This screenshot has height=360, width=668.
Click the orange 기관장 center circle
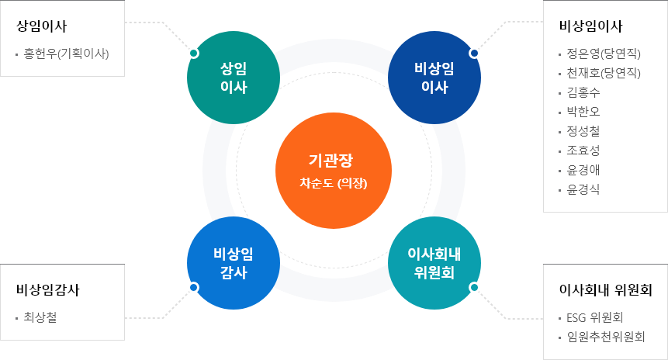334,171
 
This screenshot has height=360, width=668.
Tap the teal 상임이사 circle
234,78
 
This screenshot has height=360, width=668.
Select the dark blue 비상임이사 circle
434,78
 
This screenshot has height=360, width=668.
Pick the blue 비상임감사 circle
234,264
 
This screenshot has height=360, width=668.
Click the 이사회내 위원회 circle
434,264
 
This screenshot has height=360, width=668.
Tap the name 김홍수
583,93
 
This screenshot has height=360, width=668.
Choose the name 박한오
583,112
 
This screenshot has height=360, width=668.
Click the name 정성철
583,131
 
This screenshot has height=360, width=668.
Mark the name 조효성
583,151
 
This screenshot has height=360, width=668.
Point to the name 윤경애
583,170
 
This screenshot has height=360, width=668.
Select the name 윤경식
583,189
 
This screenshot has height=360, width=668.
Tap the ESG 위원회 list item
596,317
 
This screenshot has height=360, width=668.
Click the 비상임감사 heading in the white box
48,290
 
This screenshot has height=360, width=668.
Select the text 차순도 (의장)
334,185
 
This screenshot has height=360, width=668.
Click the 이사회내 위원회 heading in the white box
605,290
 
